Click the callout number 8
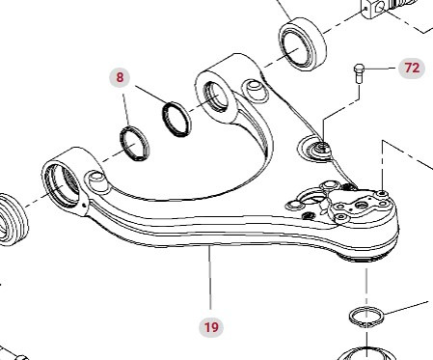(121, 76)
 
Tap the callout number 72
(412, 69)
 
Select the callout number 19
(210, 326)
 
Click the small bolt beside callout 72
(360, 72)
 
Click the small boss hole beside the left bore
(95, 179)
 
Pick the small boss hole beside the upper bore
(256, 90)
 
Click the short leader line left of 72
(380, 69)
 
